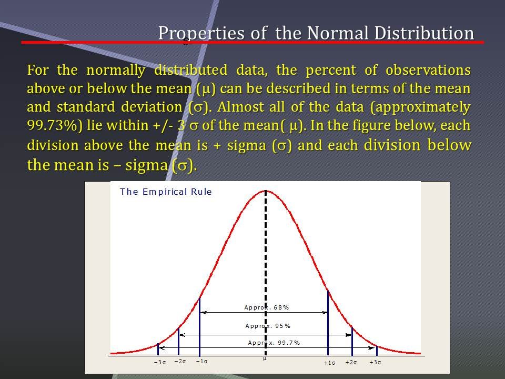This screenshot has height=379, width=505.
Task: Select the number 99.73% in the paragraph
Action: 54,126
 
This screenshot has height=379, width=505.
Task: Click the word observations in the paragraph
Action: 428,70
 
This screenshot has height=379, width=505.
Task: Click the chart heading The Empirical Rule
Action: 166,192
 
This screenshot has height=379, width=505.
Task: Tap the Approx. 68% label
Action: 267,307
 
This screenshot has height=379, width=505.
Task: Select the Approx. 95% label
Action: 268,326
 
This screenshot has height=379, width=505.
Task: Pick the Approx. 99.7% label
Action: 274,343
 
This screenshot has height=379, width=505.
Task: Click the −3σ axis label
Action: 160,362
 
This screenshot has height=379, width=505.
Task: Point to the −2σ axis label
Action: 180,361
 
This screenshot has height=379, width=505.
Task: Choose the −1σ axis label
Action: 201,361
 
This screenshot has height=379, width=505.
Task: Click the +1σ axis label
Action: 329,363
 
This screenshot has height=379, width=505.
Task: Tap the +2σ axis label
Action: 351,362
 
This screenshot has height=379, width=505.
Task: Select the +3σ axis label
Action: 375,362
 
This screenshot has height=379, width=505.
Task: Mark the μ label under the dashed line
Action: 265,358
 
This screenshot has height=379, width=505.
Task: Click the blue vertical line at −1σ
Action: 200,326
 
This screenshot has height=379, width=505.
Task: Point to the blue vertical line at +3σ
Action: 377,351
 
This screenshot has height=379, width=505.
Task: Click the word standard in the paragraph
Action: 86,107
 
